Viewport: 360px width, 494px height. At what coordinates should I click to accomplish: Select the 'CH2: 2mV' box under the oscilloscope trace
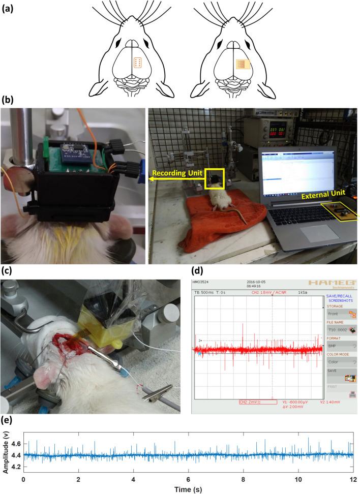(259, 402)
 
